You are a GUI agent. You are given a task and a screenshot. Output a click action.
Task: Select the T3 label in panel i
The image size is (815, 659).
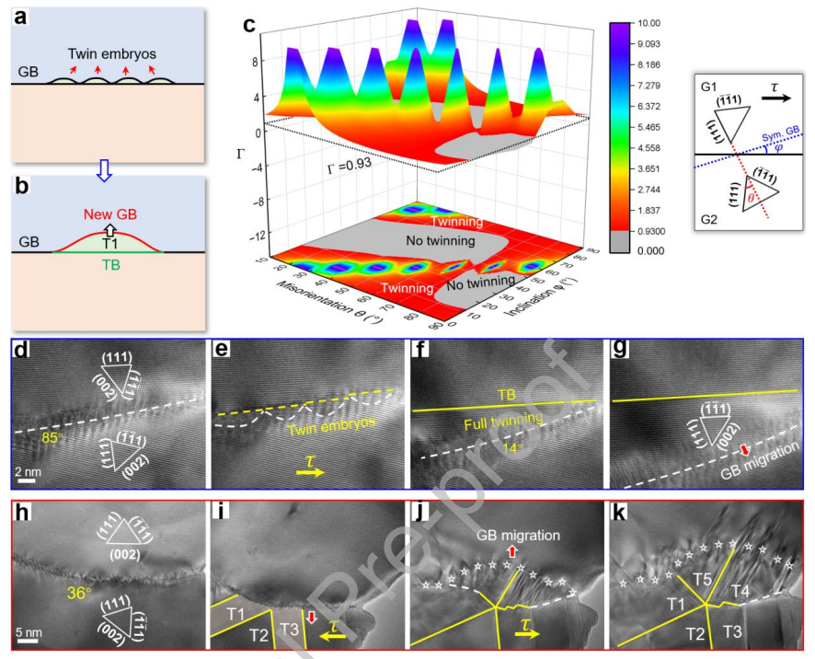coord(289,629)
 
